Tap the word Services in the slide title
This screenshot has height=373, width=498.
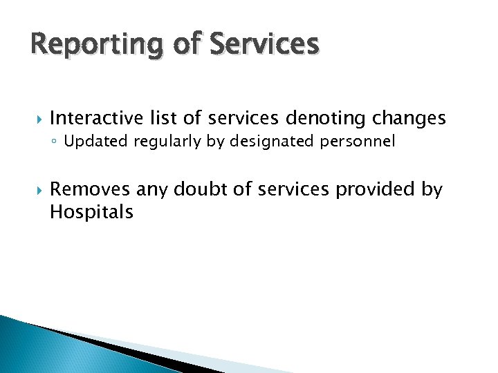click(x=265, y=44)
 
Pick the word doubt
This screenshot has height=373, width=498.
click(x=201, y=189)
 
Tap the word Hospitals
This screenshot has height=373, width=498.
click(x=91, y=212)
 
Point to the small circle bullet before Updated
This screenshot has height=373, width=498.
click(x=56, y=143)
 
